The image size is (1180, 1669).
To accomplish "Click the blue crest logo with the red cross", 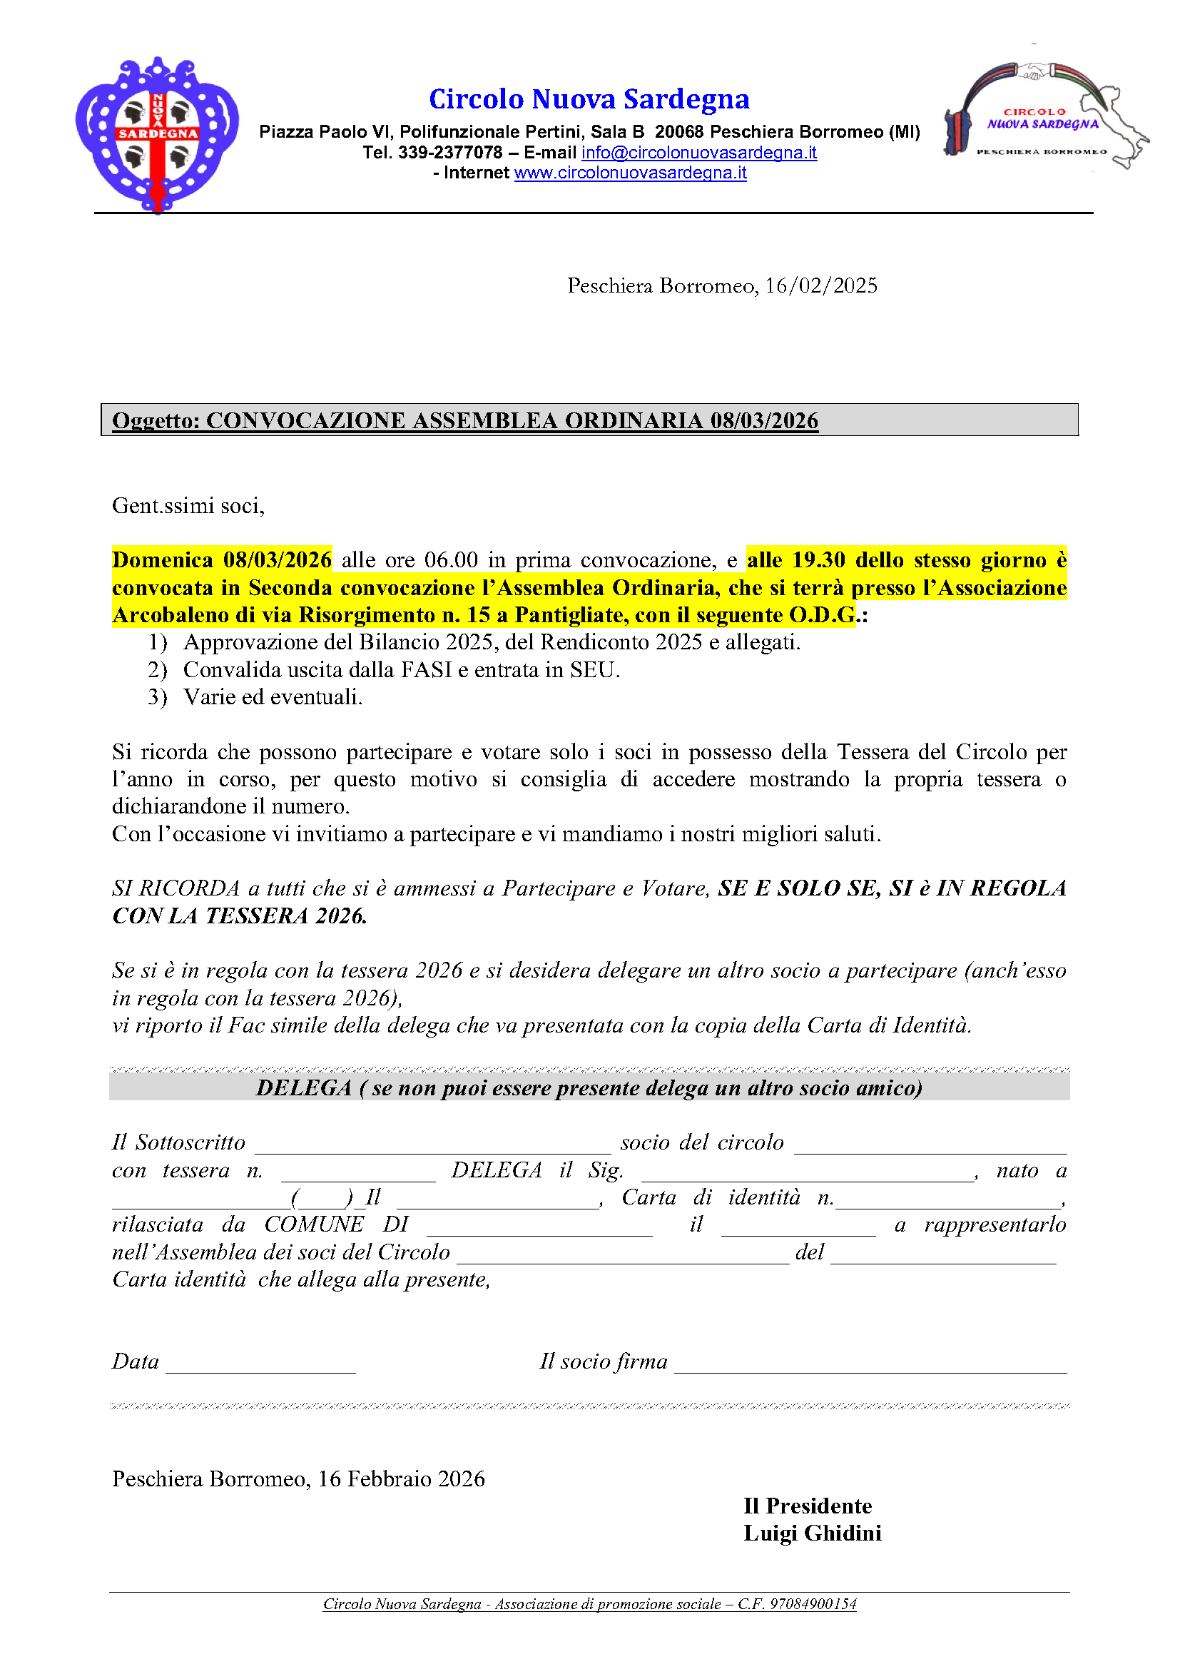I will coord(157,135).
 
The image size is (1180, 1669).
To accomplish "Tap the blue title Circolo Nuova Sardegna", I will coord(589,99).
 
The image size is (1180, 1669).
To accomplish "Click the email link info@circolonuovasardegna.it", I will coord(699,153).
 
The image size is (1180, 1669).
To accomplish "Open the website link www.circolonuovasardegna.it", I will coord(630,173).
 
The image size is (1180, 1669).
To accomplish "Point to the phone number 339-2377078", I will coord(449,153).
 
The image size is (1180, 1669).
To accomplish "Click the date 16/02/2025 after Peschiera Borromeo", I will coord(821,285).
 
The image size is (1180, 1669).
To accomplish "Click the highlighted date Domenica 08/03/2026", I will coord(222,559).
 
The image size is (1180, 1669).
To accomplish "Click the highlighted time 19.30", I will coord(818,559).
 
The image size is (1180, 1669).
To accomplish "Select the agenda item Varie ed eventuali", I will coord(273,697).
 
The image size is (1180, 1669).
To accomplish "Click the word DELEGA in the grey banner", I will coord(304,1087).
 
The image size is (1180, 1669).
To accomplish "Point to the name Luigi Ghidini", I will coord(812,1533).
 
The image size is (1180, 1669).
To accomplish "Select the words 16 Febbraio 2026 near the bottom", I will coord(401,1478).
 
